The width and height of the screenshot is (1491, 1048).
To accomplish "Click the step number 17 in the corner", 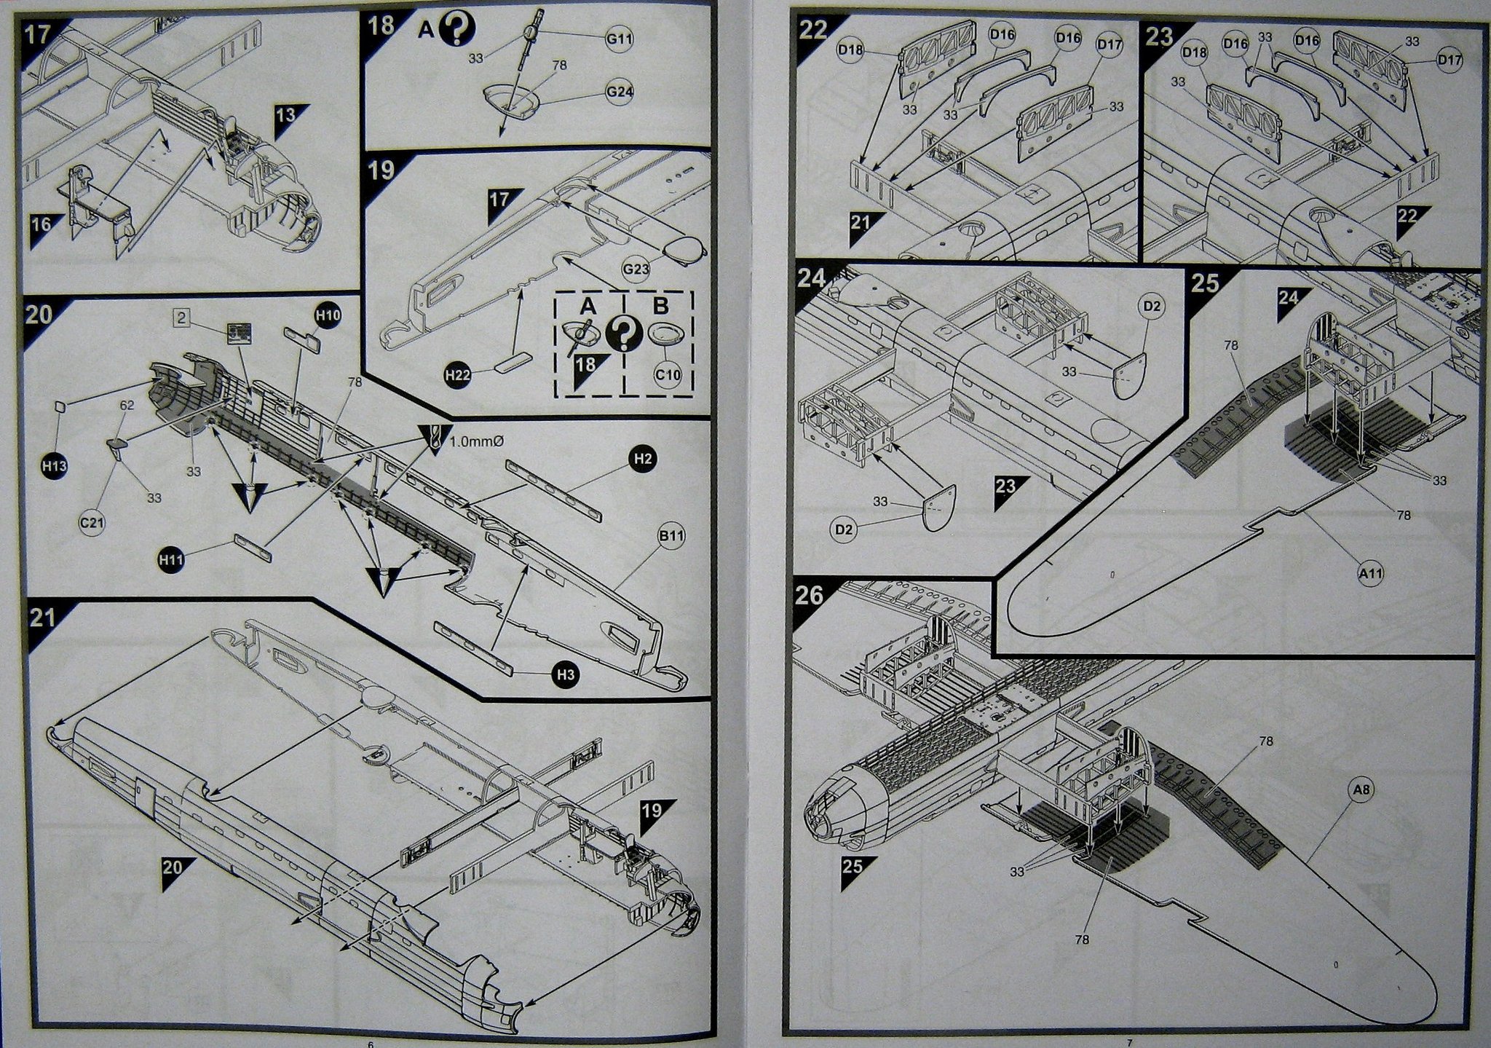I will click(x=37, y=34).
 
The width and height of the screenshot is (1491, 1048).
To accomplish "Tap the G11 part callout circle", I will click(x=620, y=39).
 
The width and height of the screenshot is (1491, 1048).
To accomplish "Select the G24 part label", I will click(x=620, y=92).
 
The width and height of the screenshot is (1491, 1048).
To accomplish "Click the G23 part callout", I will click(x=636, y=269).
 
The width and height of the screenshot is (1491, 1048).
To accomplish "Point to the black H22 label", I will click(x=458, y=375).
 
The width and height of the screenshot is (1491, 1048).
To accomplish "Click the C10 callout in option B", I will click(x=667, y=376).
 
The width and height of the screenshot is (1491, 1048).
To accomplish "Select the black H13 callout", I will click(x=55, y=466).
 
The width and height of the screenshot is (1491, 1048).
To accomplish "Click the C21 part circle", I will click(x=92, y=522).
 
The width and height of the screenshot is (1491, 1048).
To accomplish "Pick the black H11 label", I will click(x=172, y=559).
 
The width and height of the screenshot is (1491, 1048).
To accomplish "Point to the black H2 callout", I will click(x=642, y=458).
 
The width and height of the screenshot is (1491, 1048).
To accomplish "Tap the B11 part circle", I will click(x=671, y=536).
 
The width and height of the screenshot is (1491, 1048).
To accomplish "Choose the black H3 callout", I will click(x=566, y=675).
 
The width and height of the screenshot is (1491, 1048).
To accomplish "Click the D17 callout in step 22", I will click(x=1110, y=45).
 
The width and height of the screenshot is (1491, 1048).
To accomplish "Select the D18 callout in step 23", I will click(x=1195, y=52).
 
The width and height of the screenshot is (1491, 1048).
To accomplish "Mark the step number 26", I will click(x=810, y=596).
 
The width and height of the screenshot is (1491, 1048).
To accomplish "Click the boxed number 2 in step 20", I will click(x=183, y=318).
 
